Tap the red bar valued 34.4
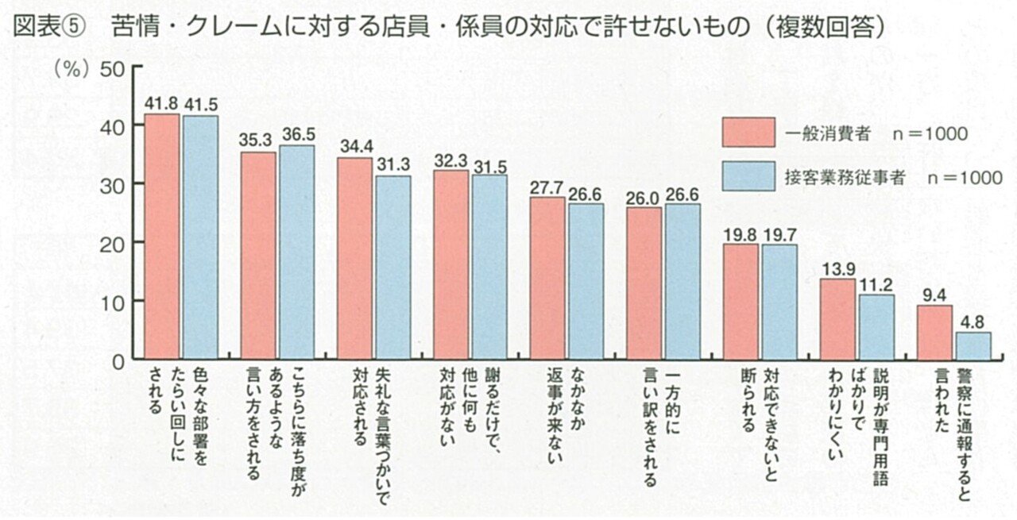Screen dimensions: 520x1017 pos(355,258)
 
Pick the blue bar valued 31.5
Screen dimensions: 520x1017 pos(489,267)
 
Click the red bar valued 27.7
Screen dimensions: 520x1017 pos(547,278)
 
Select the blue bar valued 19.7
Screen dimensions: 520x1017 pos(779,302)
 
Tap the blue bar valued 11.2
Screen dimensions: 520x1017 pos(876,326)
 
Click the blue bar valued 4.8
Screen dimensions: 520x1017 pos(973,345)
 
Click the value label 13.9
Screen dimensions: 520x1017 pos(837,269)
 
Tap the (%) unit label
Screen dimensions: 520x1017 pos(70,68)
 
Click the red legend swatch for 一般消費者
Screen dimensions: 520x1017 pos(748,133)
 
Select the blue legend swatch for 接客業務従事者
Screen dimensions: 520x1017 pos(748,176)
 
